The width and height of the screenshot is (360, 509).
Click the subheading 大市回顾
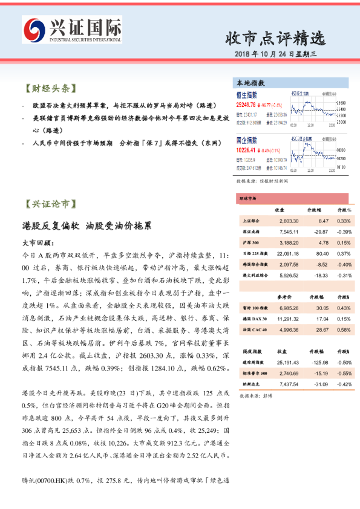(38, 242)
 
